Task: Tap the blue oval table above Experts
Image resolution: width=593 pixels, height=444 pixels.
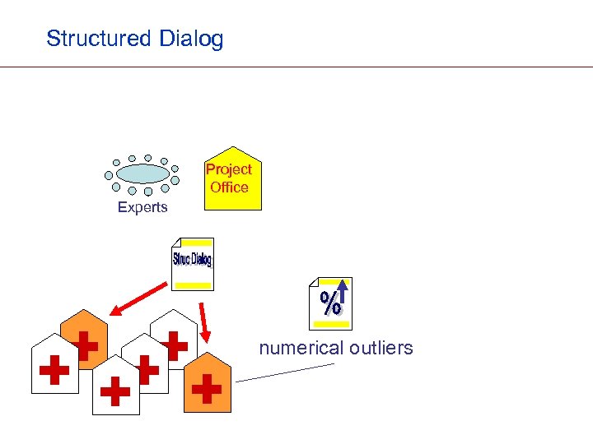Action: click(x=142, y=173)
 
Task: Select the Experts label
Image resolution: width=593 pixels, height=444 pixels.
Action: click(x=142, y=207)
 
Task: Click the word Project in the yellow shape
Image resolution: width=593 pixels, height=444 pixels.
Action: click(x=229, y=169)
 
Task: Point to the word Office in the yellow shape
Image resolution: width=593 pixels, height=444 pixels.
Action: click(x=229, y=187)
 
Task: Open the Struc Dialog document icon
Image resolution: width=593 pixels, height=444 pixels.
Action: click(x=192, y=263)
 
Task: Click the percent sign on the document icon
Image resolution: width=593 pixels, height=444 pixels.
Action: click(x=329, y=303)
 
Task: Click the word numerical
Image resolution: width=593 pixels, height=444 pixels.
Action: click(x=301, y=348)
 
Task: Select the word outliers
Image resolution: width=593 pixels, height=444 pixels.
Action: click(x=381, y=348)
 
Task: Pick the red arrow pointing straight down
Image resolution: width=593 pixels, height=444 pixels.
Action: click(x=203, y=322)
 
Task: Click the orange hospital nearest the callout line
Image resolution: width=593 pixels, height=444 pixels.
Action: click(x=207, y=386)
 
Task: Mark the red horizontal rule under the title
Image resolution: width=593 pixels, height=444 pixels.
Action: click(x=296, y=67)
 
